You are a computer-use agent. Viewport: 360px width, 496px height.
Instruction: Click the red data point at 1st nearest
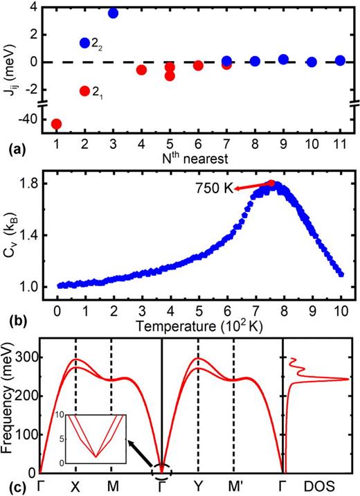(x=57, y=124)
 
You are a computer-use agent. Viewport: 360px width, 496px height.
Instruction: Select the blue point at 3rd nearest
(x=114, y=13)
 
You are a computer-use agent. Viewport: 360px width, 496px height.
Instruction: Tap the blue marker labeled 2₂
(x=85, y=43)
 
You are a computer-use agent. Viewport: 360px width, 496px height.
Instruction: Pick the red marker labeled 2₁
(x=85, y=91)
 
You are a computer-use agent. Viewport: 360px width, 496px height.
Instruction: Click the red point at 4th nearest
(x=141, y=70)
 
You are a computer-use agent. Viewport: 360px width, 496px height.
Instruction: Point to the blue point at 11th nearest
(x=339, y=61)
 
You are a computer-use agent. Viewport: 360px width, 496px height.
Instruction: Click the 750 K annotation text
(x=213, y=187)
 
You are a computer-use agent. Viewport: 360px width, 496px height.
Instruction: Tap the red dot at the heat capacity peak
(x=271, y=184)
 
